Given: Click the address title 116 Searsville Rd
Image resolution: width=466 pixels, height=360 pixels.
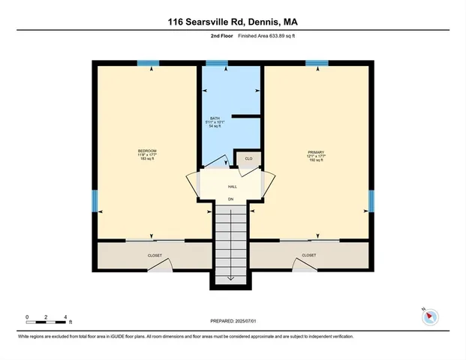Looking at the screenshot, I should (x=232, y=22).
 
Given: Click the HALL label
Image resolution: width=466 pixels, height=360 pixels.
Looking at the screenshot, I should (x=232, y=185).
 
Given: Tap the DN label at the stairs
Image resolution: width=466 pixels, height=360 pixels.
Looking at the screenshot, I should (x=231, y=199).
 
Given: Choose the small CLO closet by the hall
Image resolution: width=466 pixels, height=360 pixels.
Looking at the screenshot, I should (x=248, y=158).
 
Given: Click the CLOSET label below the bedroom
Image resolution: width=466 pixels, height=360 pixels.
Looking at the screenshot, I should (x=154, y=256).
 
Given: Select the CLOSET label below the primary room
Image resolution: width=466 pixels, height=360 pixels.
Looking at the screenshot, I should (x=308, y=256).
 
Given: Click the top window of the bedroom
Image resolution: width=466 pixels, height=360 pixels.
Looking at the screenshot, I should (x=148, y=63).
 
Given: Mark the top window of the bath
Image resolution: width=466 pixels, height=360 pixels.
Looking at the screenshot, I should (x=217, y=63).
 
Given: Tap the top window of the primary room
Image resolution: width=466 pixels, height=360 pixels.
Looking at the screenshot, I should (x=317, y=63).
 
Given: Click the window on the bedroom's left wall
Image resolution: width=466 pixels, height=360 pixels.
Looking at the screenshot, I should (x=95, y=200).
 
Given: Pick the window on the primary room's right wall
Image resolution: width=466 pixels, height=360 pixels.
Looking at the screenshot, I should (x=371, y=200).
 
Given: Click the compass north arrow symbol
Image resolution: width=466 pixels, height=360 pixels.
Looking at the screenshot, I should (x=430, y=316).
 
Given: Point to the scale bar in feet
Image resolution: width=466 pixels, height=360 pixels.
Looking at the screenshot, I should (x=46, y=322).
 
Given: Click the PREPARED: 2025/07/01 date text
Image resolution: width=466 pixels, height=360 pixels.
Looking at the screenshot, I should (x=233, y=320).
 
